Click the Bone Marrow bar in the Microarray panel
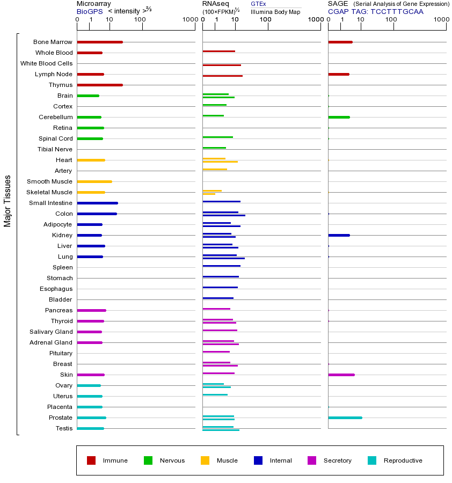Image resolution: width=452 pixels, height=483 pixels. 100,42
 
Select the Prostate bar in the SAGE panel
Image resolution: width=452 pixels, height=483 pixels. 345,418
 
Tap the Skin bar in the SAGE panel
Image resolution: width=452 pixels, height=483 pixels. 341,375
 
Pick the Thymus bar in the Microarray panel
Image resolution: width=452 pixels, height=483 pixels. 100,85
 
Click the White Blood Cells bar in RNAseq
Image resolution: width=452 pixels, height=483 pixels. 222,65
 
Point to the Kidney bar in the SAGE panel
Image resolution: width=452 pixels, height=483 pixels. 339,235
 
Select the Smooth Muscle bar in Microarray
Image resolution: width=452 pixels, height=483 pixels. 94,181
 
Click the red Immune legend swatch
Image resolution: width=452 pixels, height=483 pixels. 91,460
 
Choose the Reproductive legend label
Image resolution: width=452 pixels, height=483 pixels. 403,460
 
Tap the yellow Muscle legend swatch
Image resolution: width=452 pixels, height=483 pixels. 205,460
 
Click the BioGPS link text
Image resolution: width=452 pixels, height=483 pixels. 89,11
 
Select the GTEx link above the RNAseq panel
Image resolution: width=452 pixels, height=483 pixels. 258,4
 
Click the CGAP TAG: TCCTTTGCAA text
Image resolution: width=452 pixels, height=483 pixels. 376,11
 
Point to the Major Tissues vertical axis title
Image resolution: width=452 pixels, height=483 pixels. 8,201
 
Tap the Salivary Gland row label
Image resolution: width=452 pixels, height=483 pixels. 51,332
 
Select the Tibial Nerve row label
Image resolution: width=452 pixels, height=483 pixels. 55,149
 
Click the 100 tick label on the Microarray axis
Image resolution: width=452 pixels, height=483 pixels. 140,20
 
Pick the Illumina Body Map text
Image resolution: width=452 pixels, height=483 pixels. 275,11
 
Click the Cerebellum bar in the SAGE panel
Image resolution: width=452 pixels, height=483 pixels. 339,117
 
